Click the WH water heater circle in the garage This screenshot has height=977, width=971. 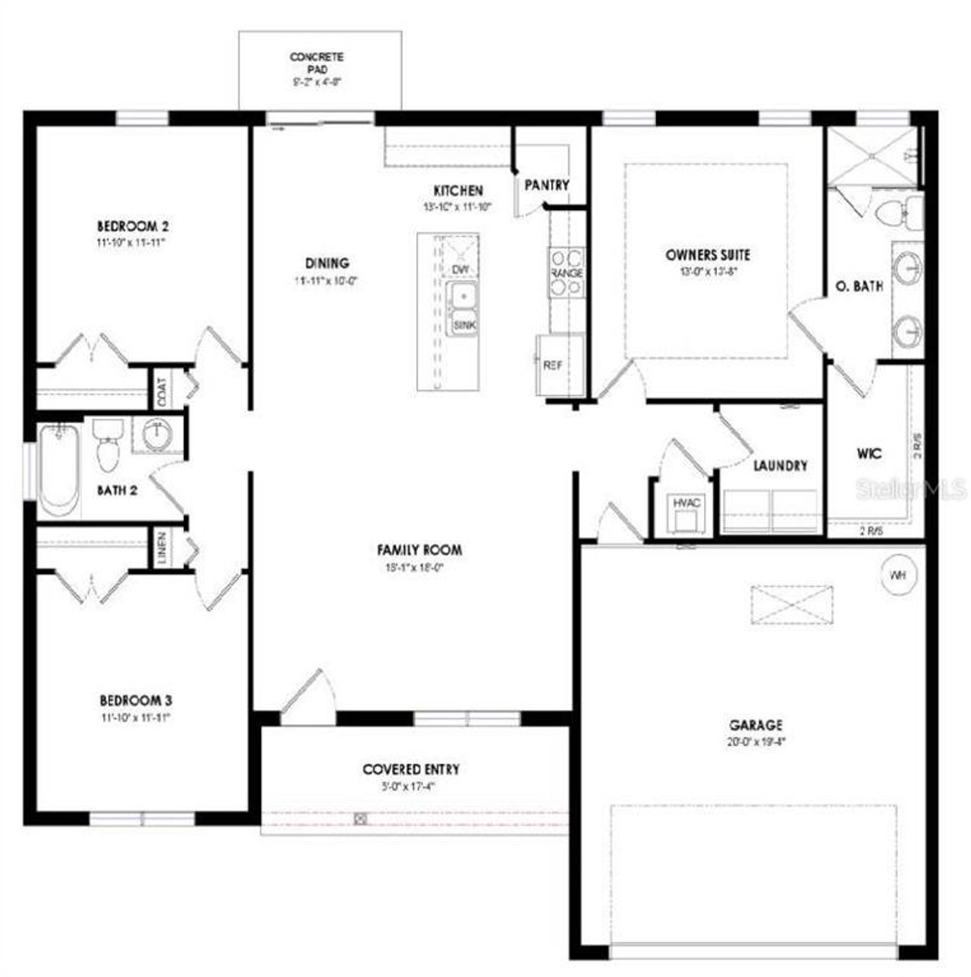(898, 575)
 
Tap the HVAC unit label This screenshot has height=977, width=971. (687, 502)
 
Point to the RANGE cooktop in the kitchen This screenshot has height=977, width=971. (567, 273)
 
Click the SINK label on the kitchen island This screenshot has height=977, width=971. (464, 325)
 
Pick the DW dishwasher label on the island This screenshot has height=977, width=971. (460, 269)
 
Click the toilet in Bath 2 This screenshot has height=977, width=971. (108, 447)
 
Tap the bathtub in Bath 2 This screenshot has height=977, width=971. (60, 470)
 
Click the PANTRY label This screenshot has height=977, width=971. (546, 185)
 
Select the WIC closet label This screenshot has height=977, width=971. (869, 454)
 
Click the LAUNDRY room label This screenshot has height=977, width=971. (780, 466)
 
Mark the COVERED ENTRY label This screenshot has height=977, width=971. (411, 769)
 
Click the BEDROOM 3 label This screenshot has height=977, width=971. (141, 700)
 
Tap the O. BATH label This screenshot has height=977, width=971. (859, 287)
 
